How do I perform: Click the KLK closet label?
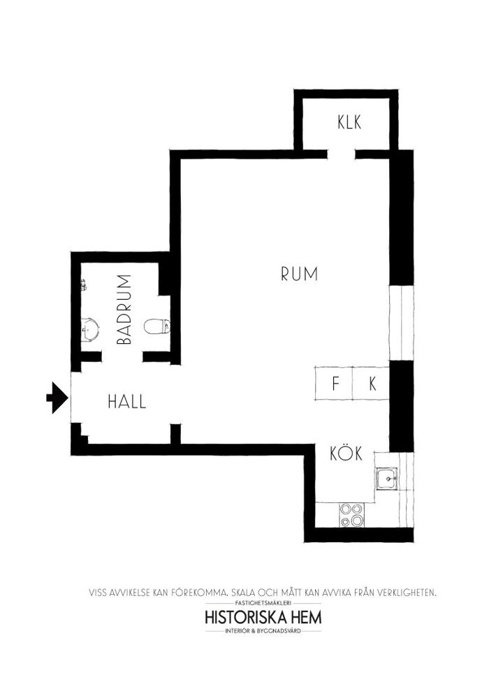[349, 122]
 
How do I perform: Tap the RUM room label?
[300, 274]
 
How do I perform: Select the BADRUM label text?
[124, 310]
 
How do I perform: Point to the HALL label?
[127, 401]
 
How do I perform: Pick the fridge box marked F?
[333, 383]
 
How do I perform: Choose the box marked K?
[371, 383]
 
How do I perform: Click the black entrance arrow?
[57, 398]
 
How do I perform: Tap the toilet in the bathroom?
[157, 326]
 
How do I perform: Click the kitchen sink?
[386, 479]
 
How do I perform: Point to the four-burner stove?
[351, 515]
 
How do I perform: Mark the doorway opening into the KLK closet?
[341, 154]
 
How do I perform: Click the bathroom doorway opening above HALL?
[122, 357]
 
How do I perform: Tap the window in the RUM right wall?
[401, 323]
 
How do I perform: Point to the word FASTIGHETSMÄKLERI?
[263, 603]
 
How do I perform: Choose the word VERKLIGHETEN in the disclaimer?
[403, 593]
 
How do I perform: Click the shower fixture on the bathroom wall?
[84, 285]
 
